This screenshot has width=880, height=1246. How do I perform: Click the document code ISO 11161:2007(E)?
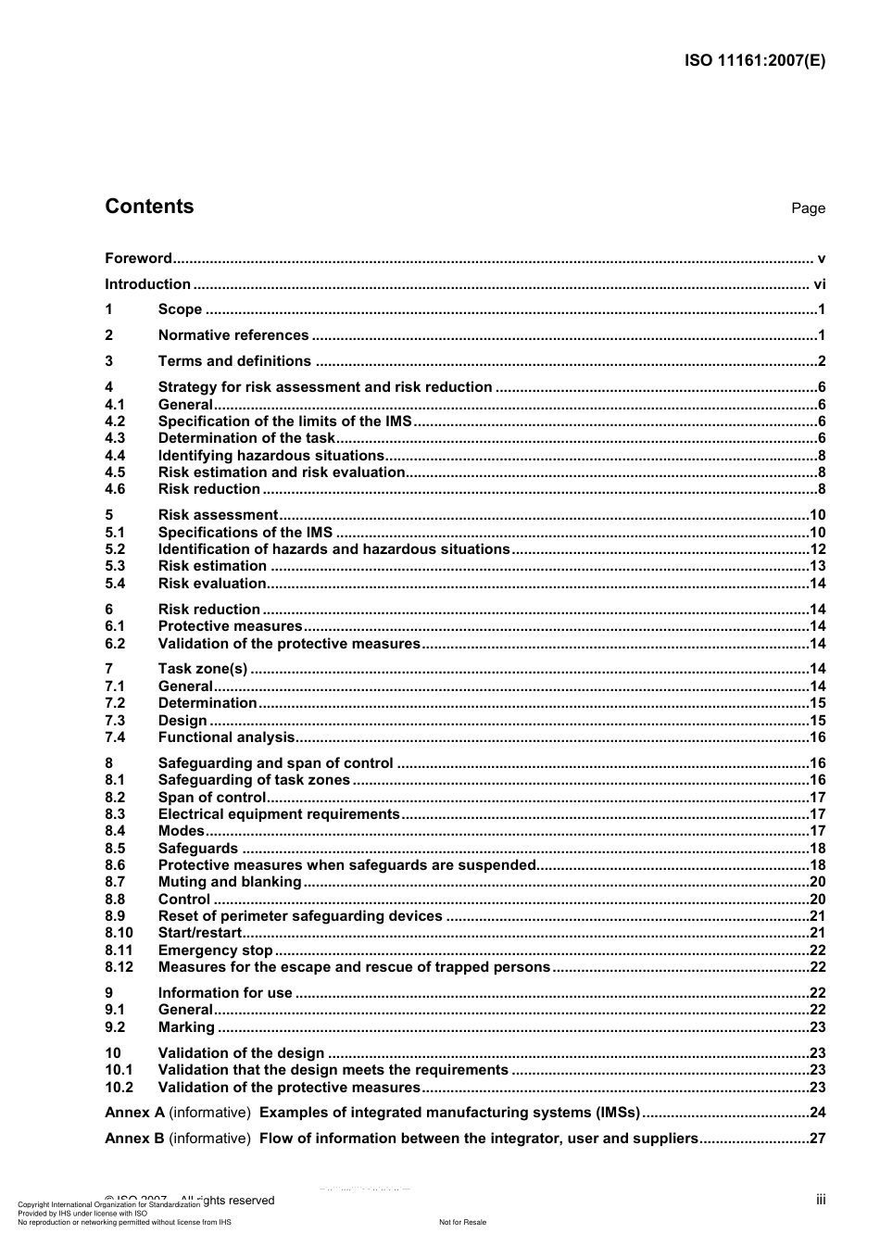[x=754, y=61]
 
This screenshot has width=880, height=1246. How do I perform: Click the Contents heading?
[x=149, y=207]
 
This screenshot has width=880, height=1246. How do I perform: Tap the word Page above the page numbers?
[x=808, y=208]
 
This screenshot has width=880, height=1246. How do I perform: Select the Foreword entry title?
[x=138, y=258]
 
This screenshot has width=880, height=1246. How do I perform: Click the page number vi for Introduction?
[x=819, y=284]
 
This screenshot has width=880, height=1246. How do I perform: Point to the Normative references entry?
[x=233, y=335]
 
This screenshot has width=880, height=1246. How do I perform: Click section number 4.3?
[x=115, y=438]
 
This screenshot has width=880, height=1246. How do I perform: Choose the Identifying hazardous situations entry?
[x=270, y=456]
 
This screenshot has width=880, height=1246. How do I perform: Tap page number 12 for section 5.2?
[x=817, y=549]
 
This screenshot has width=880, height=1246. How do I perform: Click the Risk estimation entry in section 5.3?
[x=212, y=566]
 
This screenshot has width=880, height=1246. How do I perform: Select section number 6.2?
[x=115, y=644]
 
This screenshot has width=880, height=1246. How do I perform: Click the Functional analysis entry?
[x=226, y=737]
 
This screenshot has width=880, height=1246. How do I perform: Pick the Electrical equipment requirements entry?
[x=279, y=814]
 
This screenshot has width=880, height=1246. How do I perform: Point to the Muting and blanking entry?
[x=230, y=882]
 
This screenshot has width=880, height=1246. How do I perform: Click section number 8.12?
[x=119, y=967]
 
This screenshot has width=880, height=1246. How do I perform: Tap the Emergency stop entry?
[x=215, y=950]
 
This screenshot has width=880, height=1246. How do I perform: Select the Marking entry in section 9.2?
[x=186, y=1027]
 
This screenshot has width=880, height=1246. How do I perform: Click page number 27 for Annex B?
[x=817, y=1139]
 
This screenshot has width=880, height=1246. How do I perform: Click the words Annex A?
[x=134, y=1113]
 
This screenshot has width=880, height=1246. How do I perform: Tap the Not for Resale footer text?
[x=462, y=1222]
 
